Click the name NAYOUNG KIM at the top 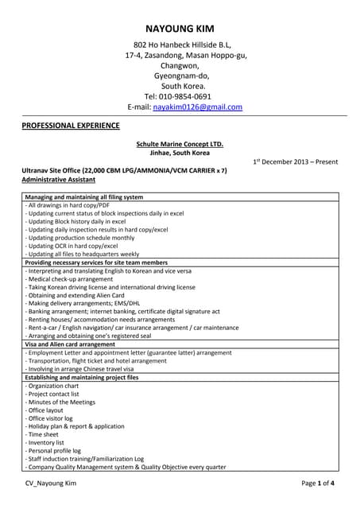180,29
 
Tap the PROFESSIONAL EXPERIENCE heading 71,126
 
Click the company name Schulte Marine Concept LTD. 180,144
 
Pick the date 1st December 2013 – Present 296,161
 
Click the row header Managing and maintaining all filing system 84,196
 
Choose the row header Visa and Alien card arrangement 71,344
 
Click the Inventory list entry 49,442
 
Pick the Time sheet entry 45,434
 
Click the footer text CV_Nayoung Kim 50,483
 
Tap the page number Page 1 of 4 317,483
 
